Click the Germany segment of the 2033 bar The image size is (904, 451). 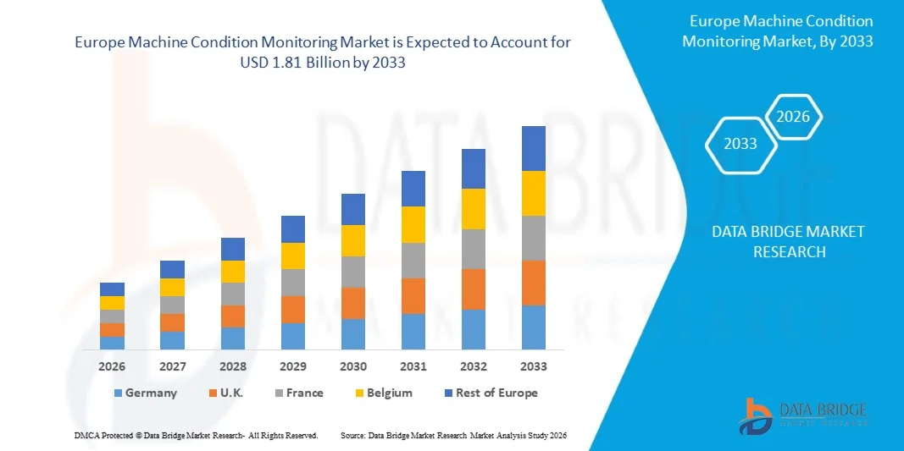[x=533, y=327]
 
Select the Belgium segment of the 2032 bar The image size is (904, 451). [x=473, y=208]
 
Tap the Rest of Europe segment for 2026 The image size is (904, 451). [x=112, y=289]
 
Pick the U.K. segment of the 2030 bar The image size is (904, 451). [x=352, y=303]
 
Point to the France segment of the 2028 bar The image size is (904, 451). [x=233, y=294]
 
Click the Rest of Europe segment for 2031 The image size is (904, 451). [x=413, y=188]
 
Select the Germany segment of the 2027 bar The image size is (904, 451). [x=172, y=340]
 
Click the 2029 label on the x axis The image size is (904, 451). [x=292, y=366]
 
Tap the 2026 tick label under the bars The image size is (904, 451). [x=112, y=366]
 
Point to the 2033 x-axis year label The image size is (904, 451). [x=534, y=366]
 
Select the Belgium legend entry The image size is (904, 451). [x=383, y=393]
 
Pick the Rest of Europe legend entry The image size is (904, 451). [x=490, y=393]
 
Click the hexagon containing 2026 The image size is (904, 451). [x=794, y=118]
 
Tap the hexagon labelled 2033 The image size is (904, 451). [x=740, y=144]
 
